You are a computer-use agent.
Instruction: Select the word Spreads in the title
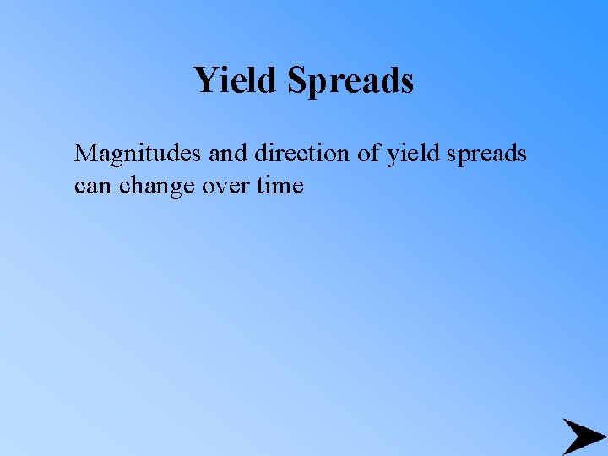[x=350, y=81]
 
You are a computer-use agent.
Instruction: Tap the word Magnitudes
[x=133, y=155]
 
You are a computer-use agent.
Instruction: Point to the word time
[x=280, y=185]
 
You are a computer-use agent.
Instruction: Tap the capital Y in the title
[x=205, y=80]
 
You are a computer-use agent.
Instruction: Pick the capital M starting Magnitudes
[x=86, y=154]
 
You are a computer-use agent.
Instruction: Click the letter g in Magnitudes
[x=114, y=157]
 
